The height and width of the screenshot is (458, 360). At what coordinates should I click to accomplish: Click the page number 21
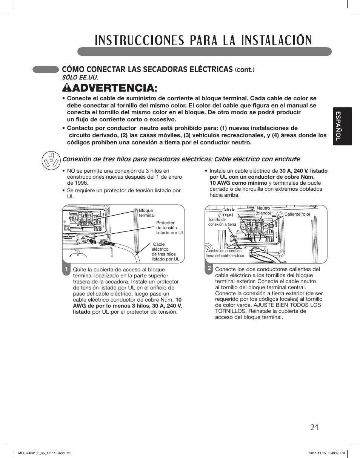tap(315, 427)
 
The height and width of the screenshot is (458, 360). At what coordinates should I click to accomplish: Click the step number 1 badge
tap(66, 270)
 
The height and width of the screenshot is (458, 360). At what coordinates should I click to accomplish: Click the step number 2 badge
tap(209, 268)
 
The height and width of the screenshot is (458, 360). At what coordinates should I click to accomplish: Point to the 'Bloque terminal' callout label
tap(146, 213)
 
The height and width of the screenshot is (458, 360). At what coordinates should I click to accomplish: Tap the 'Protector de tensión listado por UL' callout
tap(170, 228)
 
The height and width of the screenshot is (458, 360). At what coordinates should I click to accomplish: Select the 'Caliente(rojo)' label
tap(297, 214)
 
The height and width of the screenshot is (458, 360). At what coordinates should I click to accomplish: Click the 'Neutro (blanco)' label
tap(263, 211)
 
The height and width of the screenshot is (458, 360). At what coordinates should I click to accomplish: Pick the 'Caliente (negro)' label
tap(228, 212)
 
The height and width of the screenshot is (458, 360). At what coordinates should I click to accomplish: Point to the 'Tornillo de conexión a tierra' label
tap(222, 222)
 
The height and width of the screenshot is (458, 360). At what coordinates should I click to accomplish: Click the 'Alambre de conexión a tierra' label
tap(225, 253)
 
